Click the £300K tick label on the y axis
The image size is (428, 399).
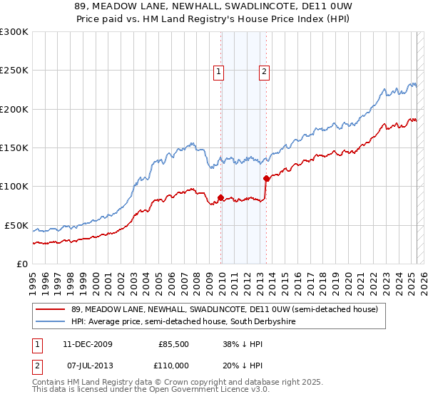tap(14, 32)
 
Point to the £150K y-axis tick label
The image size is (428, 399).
tap(14, 148)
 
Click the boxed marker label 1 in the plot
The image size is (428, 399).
tap(218, 71)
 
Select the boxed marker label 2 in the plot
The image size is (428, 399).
tap(264, 71)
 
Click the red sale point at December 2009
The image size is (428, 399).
tap(220, 197)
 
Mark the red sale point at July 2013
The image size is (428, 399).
tap(266, 178)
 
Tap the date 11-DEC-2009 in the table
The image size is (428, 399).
tap(88, 344)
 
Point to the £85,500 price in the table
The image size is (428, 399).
tap(171, 344)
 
